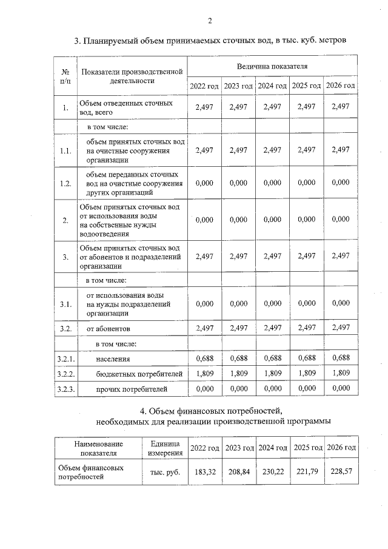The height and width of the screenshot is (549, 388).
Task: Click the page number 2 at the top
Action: [209, 21]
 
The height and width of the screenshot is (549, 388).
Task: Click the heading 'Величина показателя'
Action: [272, 66]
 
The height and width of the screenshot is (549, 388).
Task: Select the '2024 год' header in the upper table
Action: [272, 86]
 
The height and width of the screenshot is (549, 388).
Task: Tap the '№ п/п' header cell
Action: [65, 75]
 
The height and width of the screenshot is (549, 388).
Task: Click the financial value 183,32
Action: [204, 472]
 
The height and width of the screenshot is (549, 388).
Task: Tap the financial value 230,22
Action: [272, 472]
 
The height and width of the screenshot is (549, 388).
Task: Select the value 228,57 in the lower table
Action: [341, 472]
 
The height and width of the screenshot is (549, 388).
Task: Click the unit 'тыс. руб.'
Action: [162, 472]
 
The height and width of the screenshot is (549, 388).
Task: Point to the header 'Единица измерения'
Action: [162, 448]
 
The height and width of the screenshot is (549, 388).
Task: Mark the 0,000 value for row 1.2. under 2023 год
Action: [238, 183]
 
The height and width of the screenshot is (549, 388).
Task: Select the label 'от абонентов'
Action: [108, 328]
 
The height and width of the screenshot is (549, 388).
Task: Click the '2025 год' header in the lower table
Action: [307, 448]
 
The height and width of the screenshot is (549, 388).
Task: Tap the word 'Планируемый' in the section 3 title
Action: [112, 41]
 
